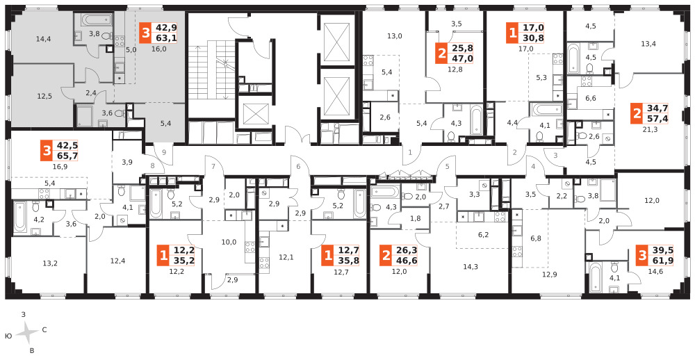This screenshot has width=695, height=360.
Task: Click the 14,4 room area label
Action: click(x=43, y=39)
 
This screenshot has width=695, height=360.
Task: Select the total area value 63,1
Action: click(x=165, y=38)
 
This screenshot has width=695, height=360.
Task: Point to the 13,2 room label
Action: click(x=50, y=263)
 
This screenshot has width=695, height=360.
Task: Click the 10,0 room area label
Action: click(x=229, y=242)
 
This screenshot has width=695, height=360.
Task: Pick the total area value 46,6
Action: click(x=406, y=261)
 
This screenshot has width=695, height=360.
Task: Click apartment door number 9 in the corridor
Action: click(x=164, y=152)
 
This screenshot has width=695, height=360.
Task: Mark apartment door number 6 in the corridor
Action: click(x=298, y=167)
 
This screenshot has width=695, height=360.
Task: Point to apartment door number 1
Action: click(x=410, y=152)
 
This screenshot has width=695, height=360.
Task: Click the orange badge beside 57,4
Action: click(x=637, y=113)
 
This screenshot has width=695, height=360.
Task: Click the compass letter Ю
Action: click(x=8, y=336)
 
